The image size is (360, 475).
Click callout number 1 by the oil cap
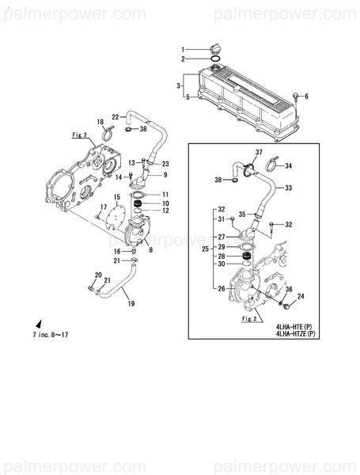(181, 50)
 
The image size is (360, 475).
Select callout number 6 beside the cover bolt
(307, 96)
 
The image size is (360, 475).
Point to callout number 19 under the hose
(131, 303)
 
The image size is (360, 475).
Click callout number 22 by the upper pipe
(114, 116)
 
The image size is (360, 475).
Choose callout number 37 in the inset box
(258, 151)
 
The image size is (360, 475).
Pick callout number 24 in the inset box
(301, 297)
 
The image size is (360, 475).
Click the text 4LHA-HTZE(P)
(296, 333)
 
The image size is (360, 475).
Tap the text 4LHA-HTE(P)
(294, 325)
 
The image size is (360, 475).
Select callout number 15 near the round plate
(116, 196)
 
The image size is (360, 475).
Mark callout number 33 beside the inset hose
(289, 188)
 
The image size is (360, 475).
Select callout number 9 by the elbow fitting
(165, 175)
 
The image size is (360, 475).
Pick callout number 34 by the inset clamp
(289, 166)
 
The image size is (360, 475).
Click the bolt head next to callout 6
(294, 95)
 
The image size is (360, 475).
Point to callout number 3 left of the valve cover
(180, 85)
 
